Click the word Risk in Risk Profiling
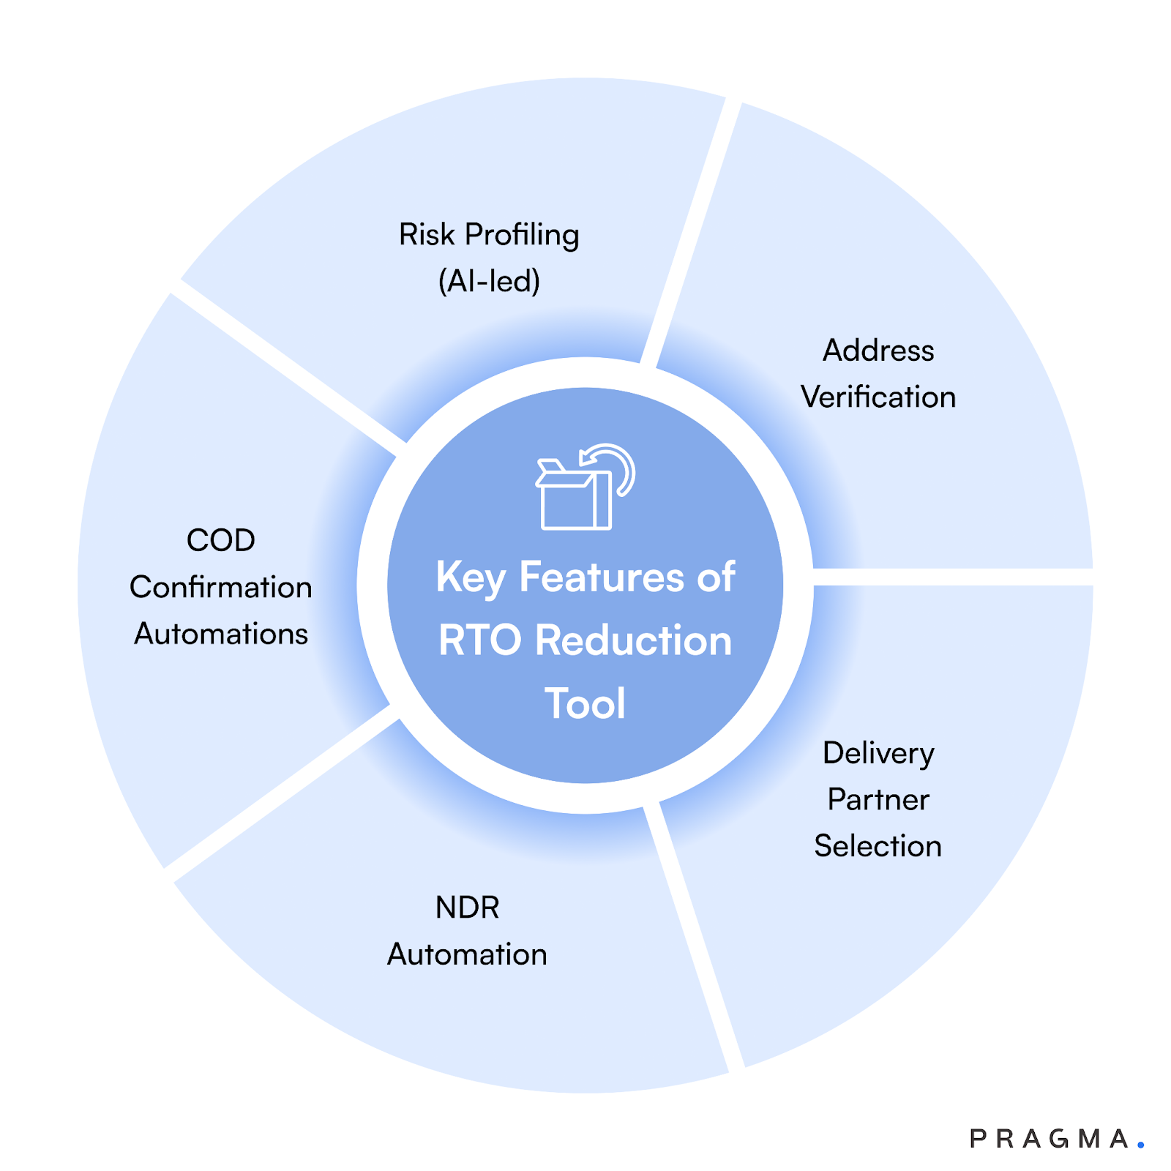click(427, 235)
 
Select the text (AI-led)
click(489, 281)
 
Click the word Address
click(878, 351)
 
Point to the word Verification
click(878, 397)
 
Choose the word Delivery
click(878, 754)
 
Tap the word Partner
click(878, 800)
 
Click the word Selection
click(878, 846)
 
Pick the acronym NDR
click(467, 908)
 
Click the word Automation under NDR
click(467, 954)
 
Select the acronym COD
click(220, 541)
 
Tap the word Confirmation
click(220, 588)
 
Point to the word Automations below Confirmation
click(220, 634)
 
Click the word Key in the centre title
click(470, 578)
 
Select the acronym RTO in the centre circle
click(479, 641)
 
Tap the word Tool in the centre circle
click(585, 704)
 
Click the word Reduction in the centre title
click(633, 641)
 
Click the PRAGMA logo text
click(1048, 1139)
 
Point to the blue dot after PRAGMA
click(1140, 1144)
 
